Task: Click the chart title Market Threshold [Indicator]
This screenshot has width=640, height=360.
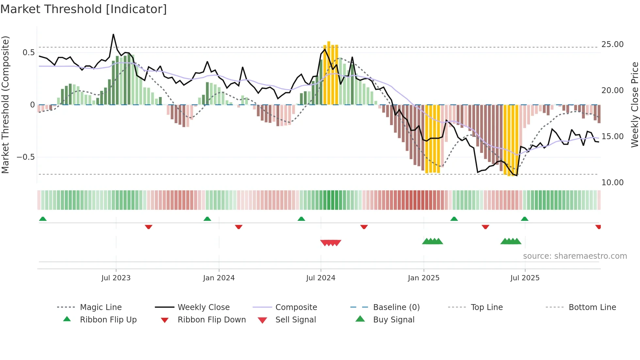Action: (x=84, y=9)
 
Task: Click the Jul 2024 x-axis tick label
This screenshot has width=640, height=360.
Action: (x=321, y=278)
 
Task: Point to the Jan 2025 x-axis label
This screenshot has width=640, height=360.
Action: (x=424, y=278)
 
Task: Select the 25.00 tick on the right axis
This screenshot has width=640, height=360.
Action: (x=612, y=44)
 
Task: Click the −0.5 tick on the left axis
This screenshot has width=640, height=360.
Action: (x=25, y=157)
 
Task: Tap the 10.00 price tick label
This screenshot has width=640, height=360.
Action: (x=612, y=182)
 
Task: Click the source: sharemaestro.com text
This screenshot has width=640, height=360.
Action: (x=575, y=256)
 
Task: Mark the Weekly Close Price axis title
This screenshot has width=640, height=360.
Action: (x=634, y=105)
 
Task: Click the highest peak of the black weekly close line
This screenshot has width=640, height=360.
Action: (x=113, y=34)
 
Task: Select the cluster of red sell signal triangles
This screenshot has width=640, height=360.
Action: (x=331, y=243)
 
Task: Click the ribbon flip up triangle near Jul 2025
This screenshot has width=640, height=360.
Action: (x=524, y=219)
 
